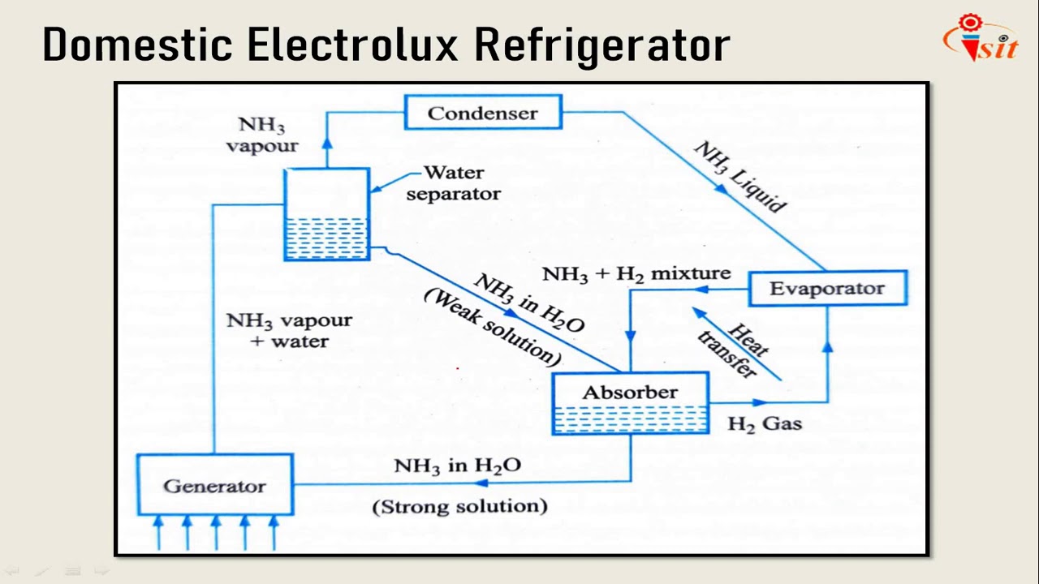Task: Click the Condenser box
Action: (483, 113)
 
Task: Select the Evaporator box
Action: (826, 289)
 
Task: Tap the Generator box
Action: (214, 485)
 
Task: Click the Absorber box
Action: (630, 403)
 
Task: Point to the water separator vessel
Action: (327, 214)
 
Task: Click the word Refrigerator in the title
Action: (601, 45)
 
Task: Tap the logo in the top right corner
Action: (980, 38)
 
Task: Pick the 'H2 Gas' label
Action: (765, 423)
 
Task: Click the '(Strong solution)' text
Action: (459, 506)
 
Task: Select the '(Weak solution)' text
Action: (492, 327)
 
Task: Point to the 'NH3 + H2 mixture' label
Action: (636, 274)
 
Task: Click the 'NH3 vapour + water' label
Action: (289, 330)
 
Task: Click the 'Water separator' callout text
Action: (453, 183)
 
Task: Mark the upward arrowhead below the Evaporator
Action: (827, 346)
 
